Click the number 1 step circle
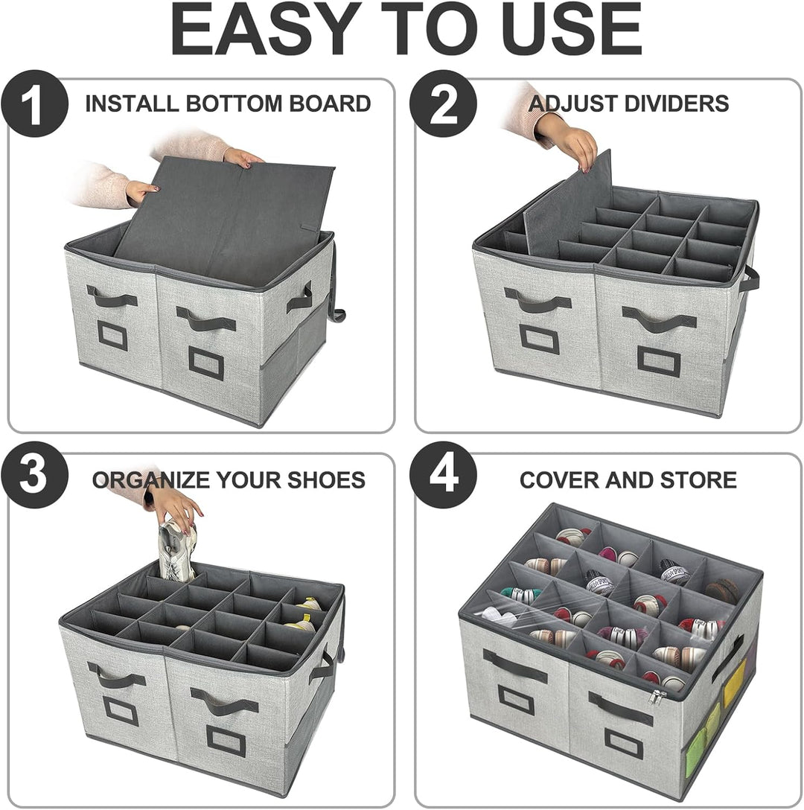pyautogui.click(x=34, y=103)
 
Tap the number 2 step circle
pyautogui.click(x=444, y=103)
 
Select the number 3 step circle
pyautogui.click(x=34, y=475)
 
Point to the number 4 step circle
pyautogui.click(x=444, y=475)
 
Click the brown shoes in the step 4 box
pyautogui.click(x=721, y=590)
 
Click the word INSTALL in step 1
pyautogui.click(x=133, y=103)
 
